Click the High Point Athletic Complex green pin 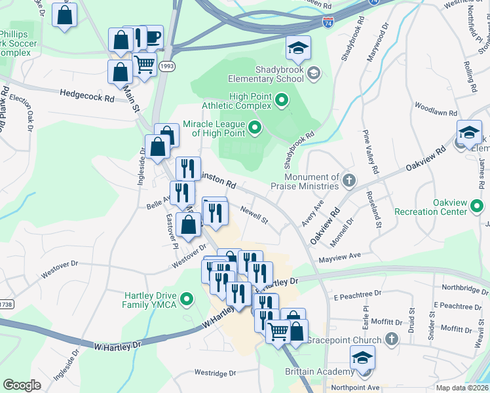282,100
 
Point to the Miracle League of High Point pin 255,128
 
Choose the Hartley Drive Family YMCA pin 187,301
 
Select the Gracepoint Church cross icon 392,339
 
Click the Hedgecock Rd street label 86,94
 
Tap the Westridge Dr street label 215,373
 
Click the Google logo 22,385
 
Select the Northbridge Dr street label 465,287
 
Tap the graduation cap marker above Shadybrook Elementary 299,47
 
